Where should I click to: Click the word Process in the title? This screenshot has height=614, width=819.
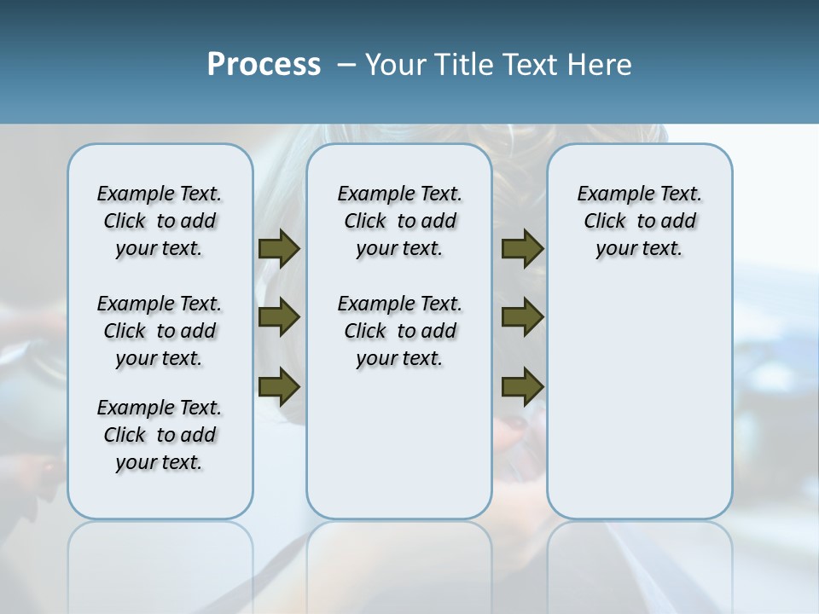pyautogui.click(x=264, y=64)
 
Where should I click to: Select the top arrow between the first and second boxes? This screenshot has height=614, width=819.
pyautogui.click(x=279, y=248)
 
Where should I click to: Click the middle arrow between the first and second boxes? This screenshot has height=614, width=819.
pyautogui.click(x=279, y=317)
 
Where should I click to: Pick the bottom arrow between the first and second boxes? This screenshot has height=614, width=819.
pyautogui.click(x=279, y=387)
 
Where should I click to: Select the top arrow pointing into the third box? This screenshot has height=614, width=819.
pyautogui.click(x=522, y=248)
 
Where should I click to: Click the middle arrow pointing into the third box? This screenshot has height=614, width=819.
pyautogui.click(x=522, y=317)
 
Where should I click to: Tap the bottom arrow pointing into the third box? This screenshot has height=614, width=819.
pyautogui.click(x=522, y=387)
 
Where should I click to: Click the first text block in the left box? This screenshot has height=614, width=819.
pyautogui.click(x=160, y=221)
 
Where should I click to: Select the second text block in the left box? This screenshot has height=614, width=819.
pyautogui.click(x=160, y=331)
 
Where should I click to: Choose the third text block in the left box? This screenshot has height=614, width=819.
pyautogui.click(x=160, y=435)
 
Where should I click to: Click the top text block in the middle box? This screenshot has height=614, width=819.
pyautogui.click(x=399, y=221)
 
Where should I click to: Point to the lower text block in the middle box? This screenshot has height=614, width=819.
pyautogui.click(x=399, y=331)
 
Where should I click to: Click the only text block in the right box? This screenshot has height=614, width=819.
pyautogui.click(x=639, y=221)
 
